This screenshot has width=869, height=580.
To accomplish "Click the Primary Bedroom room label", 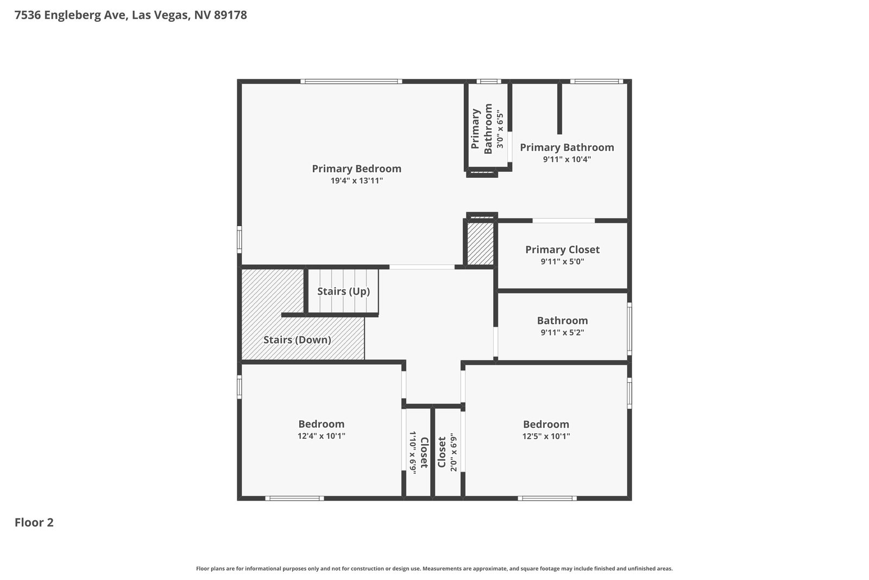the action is click(x=356, y=169).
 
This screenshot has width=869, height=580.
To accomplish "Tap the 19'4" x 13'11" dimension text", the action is click(x=356, y=180).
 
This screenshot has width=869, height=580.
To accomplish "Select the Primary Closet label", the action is click(x=562, y=250).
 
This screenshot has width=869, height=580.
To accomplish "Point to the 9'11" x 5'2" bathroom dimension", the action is click(x=562, y=332).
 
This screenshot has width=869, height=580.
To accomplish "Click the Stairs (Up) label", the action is click(x=343, y=291).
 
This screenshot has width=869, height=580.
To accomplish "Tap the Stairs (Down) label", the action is click(x=297, y=340).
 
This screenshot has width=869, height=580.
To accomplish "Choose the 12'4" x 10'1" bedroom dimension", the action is click(x=321, y=436).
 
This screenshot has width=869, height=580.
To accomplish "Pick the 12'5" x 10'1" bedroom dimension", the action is click(x=546, y=436).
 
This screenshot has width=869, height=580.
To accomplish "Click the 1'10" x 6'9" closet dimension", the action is click(x=413, y=452).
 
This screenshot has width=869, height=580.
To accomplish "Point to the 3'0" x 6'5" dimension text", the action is click(x=500, y=130).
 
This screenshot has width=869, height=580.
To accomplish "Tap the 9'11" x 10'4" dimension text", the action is click(x=567, y=159).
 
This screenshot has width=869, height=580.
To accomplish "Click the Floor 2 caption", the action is click(x=34, y=522).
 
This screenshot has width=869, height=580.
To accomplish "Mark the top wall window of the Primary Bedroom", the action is click(x=351, y=82).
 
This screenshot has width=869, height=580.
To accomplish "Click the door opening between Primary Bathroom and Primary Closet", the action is click(x=563, y=221).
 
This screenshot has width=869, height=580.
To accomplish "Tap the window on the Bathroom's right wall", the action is click(x=629, y=329).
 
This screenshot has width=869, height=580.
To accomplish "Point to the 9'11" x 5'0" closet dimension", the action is click(x=562, y=261).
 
